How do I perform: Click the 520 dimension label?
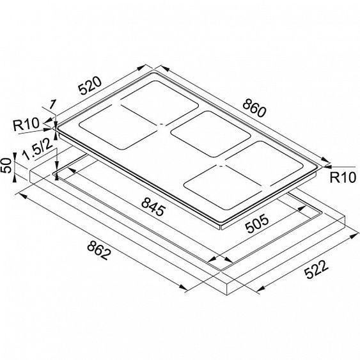pyautogui.click(x=90, y=86)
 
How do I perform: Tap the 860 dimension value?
pyautogui.click(x=254, y=108)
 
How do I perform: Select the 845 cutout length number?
pyautogui.click(x=153, y=207)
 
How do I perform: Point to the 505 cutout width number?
pyautogui.click(x=256, y=223)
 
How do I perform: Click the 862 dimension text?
pyautogui.click(x=99, y=250)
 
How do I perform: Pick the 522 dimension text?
pyautogui.click(x=316, y=269)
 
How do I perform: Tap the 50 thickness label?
pyautogui.click(x=6, y=166)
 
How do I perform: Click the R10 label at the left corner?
pyautogui.click(x=26, y=125)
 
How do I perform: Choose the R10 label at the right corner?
pyautogui.click(x=343, y=178)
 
